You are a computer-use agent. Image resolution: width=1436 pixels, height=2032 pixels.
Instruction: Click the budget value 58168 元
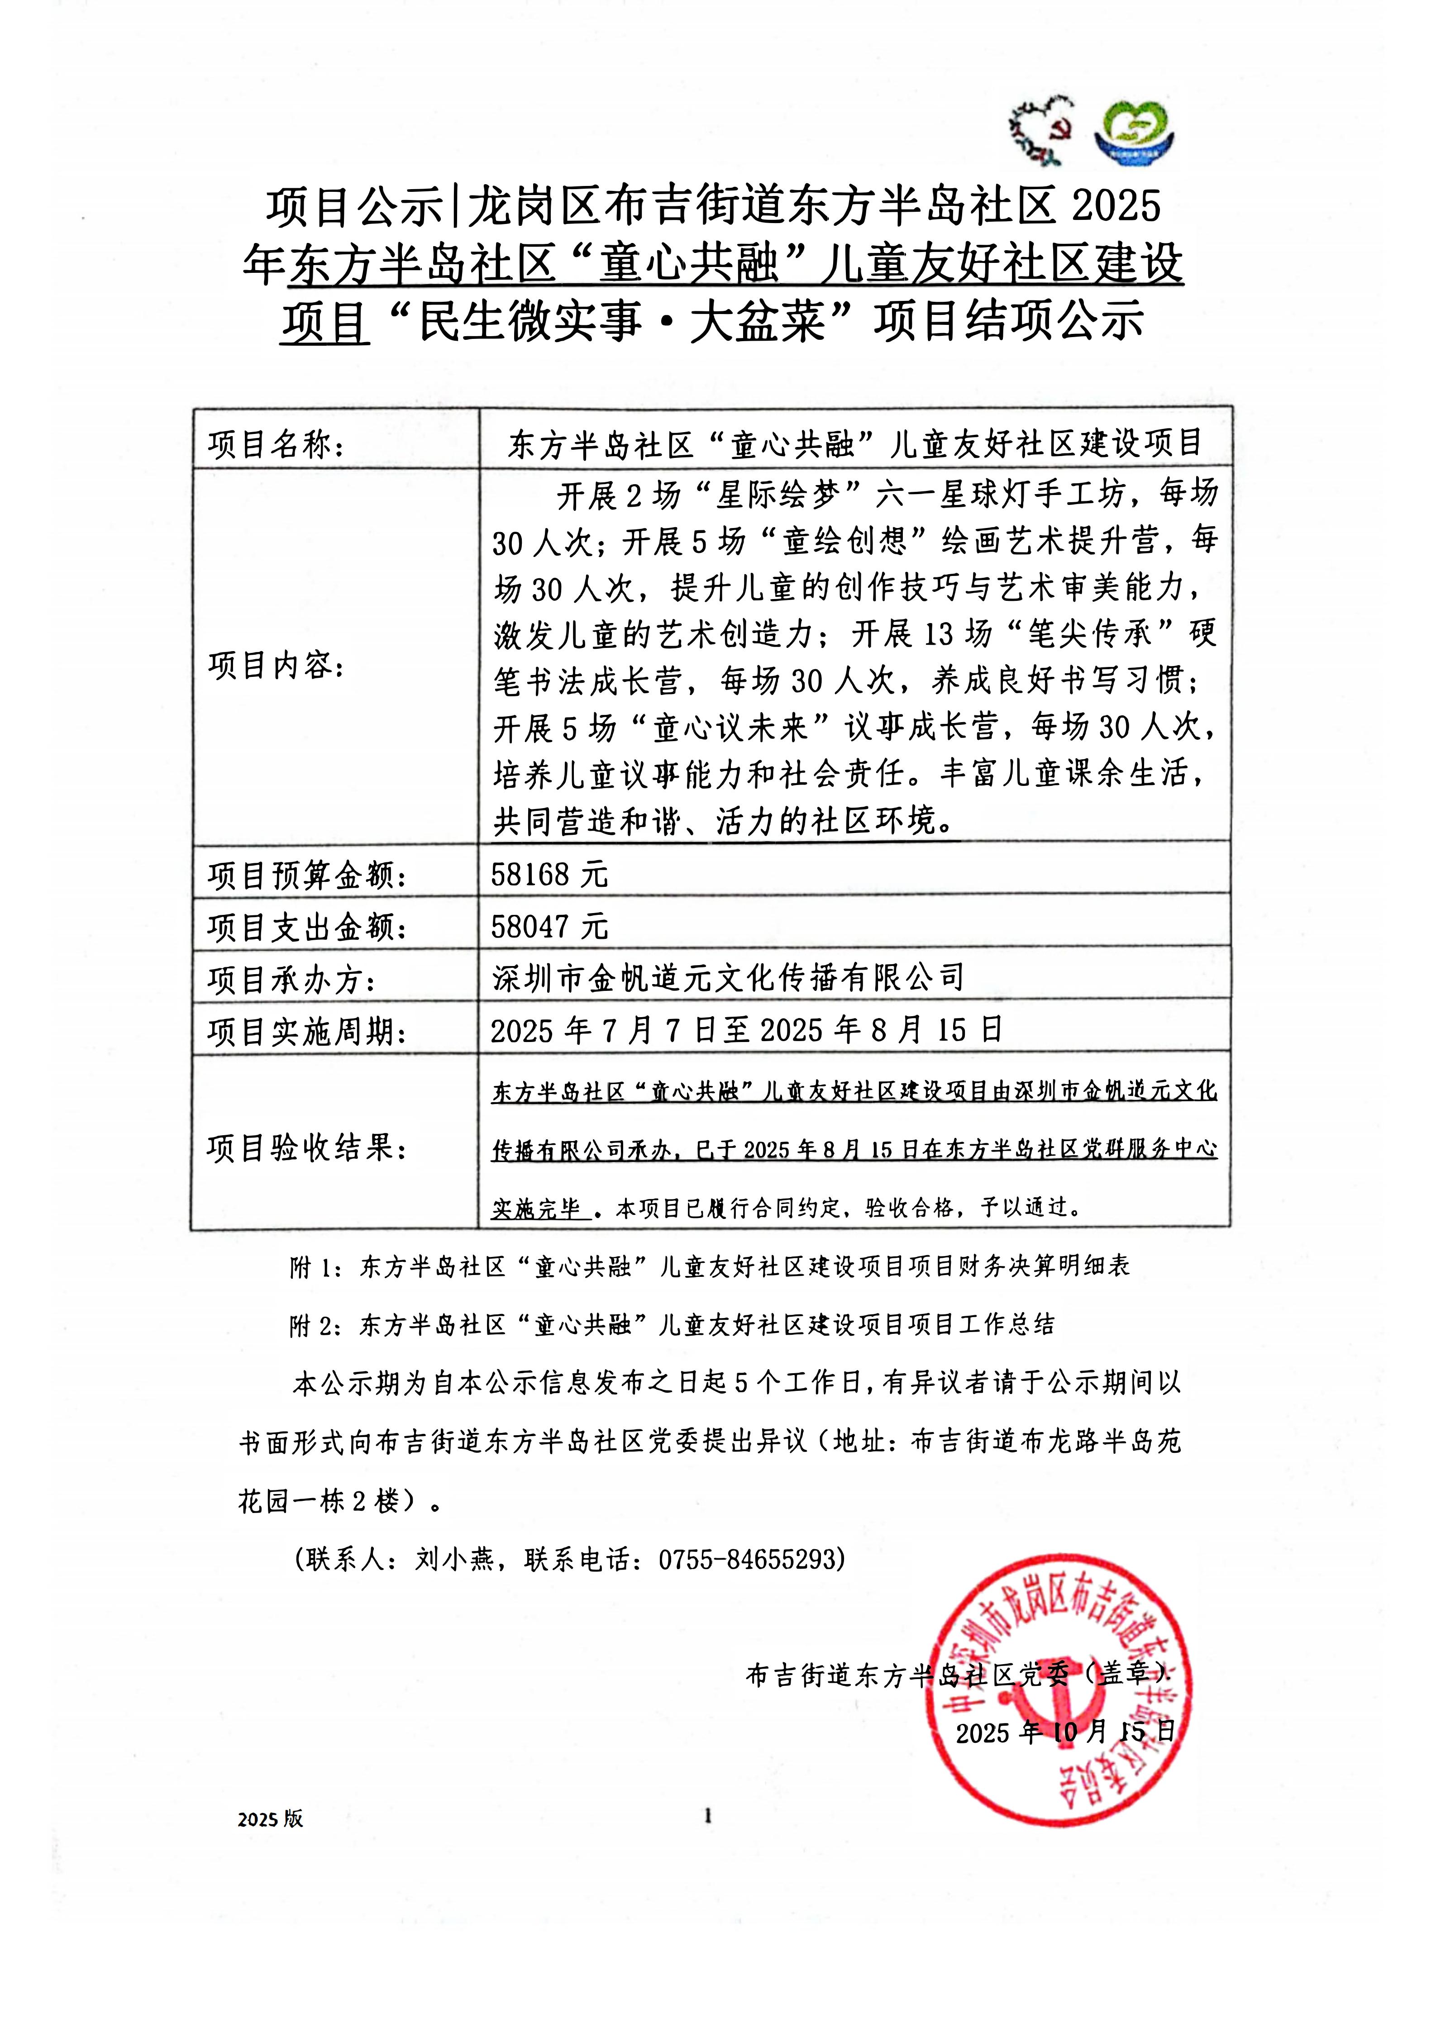pos(549,875)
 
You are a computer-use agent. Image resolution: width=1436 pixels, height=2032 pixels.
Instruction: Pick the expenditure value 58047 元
pos(549,927)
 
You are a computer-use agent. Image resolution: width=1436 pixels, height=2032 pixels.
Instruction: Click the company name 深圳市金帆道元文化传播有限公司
pos(728,978)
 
